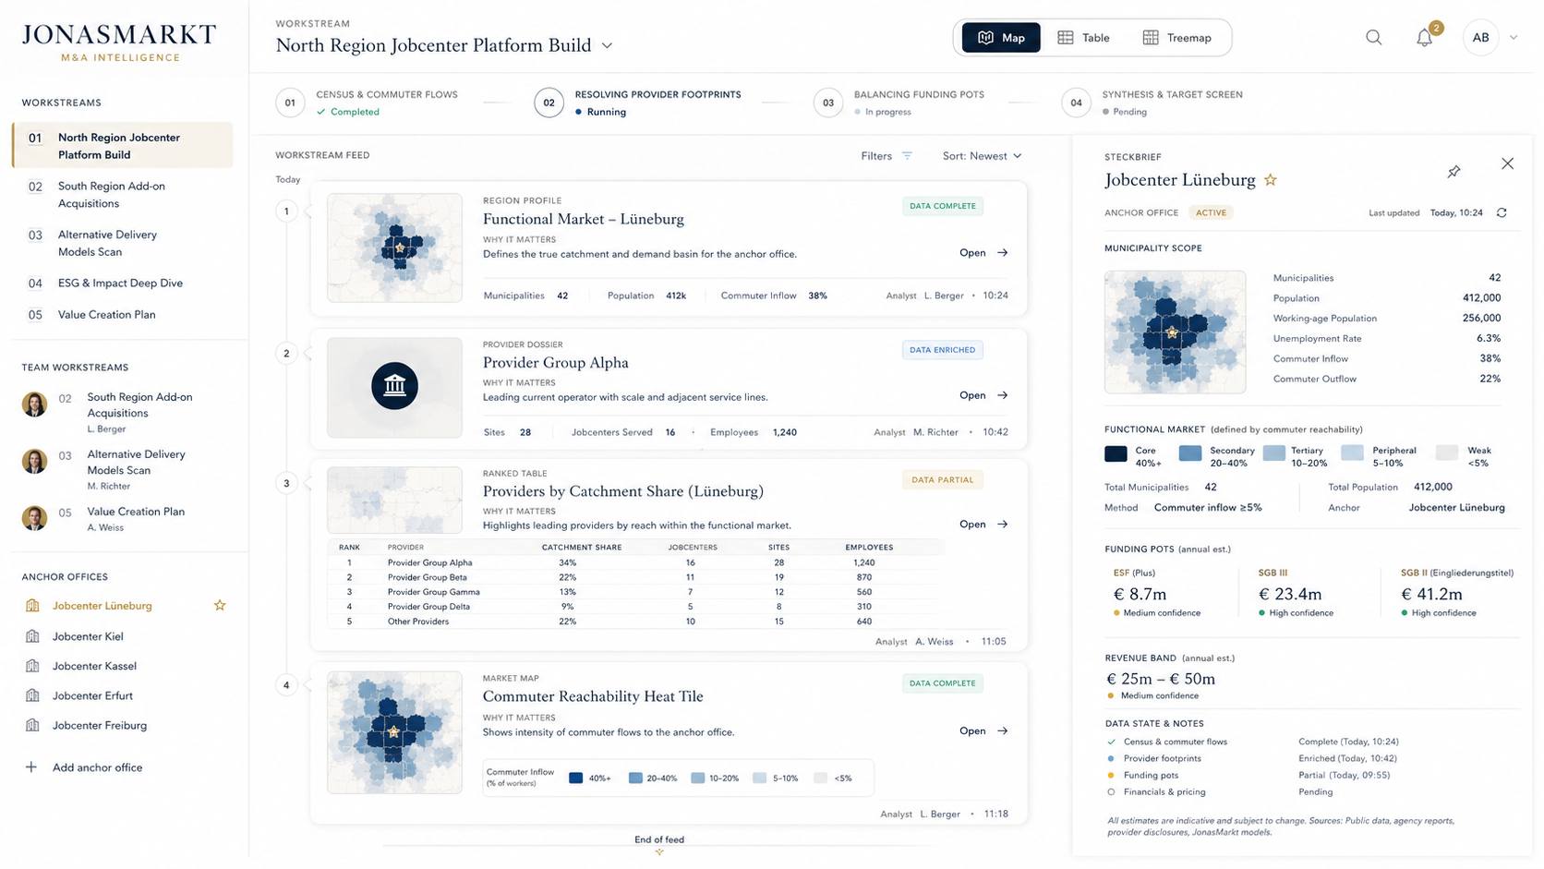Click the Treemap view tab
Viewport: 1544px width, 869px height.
(x=1176, y=38)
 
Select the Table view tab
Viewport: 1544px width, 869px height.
(x=1083, y=38)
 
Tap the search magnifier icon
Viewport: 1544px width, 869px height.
(x=1374, y=38)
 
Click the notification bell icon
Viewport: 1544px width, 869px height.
(x=1424, y=38)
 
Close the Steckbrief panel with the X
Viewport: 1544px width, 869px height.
(x=1507, y=163)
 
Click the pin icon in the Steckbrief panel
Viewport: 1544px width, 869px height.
(x=1454, y=172)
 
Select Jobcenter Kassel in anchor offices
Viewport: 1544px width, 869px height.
(x=94, y=666)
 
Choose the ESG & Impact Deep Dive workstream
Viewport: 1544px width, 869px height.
(x=120, y=283)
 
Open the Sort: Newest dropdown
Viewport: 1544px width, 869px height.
(x=982, y=156)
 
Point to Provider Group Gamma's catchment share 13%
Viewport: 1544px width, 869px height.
(x=567, y=592)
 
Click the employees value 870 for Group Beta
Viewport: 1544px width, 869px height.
(x=863, y=577)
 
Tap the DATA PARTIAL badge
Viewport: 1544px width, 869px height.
(x=942, y=479)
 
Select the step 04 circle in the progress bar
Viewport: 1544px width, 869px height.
(x=1076, y=103)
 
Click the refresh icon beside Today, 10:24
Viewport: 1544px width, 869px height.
(x=1502, y=213)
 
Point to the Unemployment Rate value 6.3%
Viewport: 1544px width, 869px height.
(x=1489, y=338)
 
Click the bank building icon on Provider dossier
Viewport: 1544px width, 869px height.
(x=394, y=386)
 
